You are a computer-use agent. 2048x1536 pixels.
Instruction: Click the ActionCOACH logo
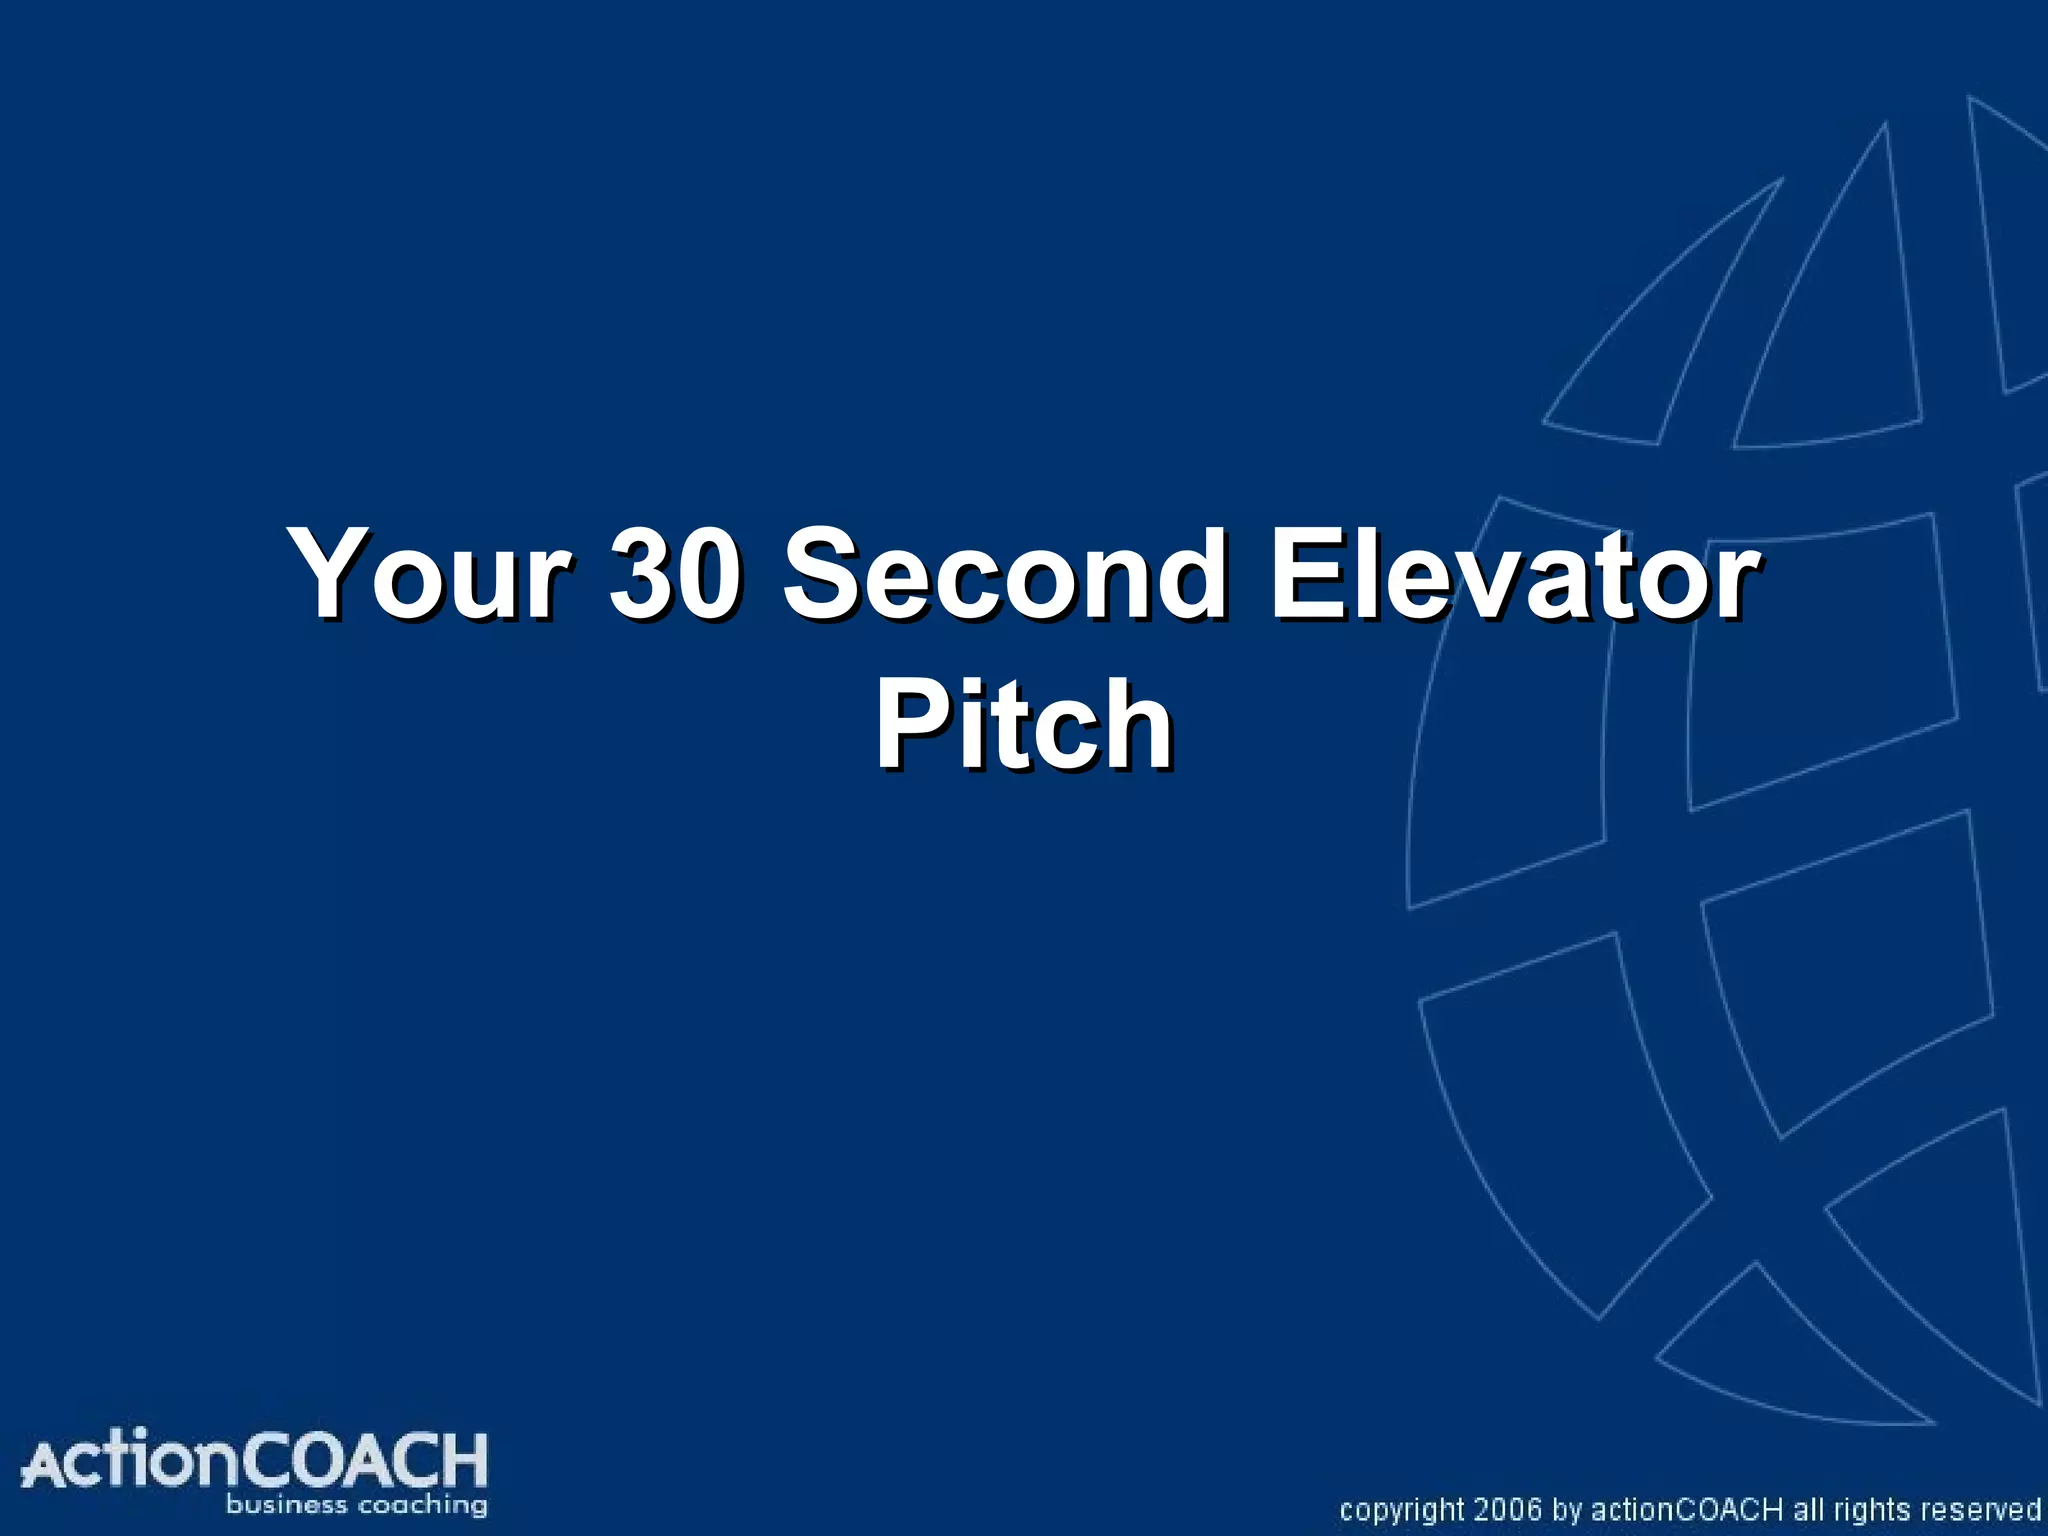point(255,1470)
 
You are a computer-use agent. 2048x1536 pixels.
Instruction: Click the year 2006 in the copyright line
point(1508,1509)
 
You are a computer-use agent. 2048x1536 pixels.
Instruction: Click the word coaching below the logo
point(424,1505)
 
